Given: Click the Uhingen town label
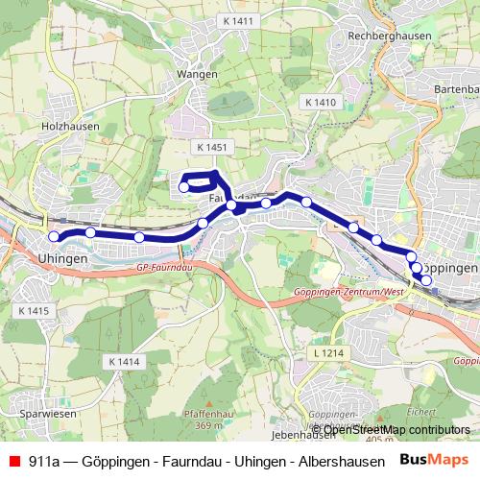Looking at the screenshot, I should (62, 259).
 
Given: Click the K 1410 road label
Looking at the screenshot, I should (319, 102).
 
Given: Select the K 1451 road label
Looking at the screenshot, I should (210, 147).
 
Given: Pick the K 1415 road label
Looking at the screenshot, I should (34, 311).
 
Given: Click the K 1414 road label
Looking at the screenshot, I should (124, 361).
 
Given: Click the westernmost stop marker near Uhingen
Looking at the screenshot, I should (55, 237).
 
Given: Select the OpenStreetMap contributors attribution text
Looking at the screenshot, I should (396, 429).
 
